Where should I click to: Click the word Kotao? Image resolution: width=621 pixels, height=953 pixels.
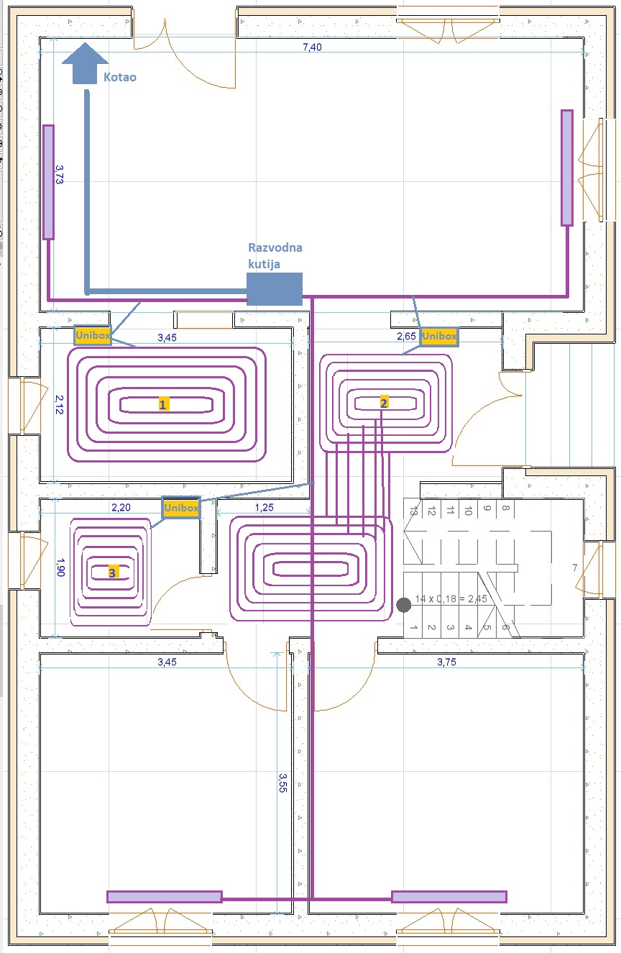tap(120, 77)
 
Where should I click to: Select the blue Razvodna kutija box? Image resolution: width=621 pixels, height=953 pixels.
tap(275, 289)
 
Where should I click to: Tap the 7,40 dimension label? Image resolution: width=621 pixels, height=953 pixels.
tap(312, 47)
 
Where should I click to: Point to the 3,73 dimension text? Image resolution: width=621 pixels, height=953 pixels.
tap(60, 175)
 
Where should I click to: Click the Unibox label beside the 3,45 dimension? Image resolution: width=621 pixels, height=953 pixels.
tap(93, 335)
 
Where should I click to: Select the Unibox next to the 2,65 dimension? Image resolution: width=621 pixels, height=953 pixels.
tap(439, 336)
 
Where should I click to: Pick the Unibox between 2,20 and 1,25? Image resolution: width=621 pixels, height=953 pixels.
tap(181, 508)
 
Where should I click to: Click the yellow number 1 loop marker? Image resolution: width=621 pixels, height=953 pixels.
tap(162, 404)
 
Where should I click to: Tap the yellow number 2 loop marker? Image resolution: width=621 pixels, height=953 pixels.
tap(384, 403)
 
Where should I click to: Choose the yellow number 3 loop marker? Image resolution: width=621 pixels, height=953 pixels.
tap(112, 573)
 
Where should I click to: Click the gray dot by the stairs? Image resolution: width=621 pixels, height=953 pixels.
tap(403, 605)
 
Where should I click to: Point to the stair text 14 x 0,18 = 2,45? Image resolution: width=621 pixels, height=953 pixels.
tap(451, 599)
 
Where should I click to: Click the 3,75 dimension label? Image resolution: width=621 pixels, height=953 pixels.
tap(446, 662)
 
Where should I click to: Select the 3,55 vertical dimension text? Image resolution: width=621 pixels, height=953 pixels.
tap(282, 783)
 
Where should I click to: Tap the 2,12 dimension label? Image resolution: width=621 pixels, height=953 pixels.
tap(60, 405)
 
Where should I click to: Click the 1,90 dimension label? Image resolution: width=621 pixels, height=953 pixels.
tap(61, 567)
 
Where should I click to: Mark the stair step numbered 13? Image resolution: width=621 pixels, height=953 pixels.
tap(413, 511)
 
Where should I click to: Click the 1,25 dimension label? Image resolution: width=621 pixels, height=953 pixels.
tap(264, 507)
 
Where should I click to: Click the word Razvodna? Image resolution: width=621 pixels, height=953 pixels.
tap(275, 247)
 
